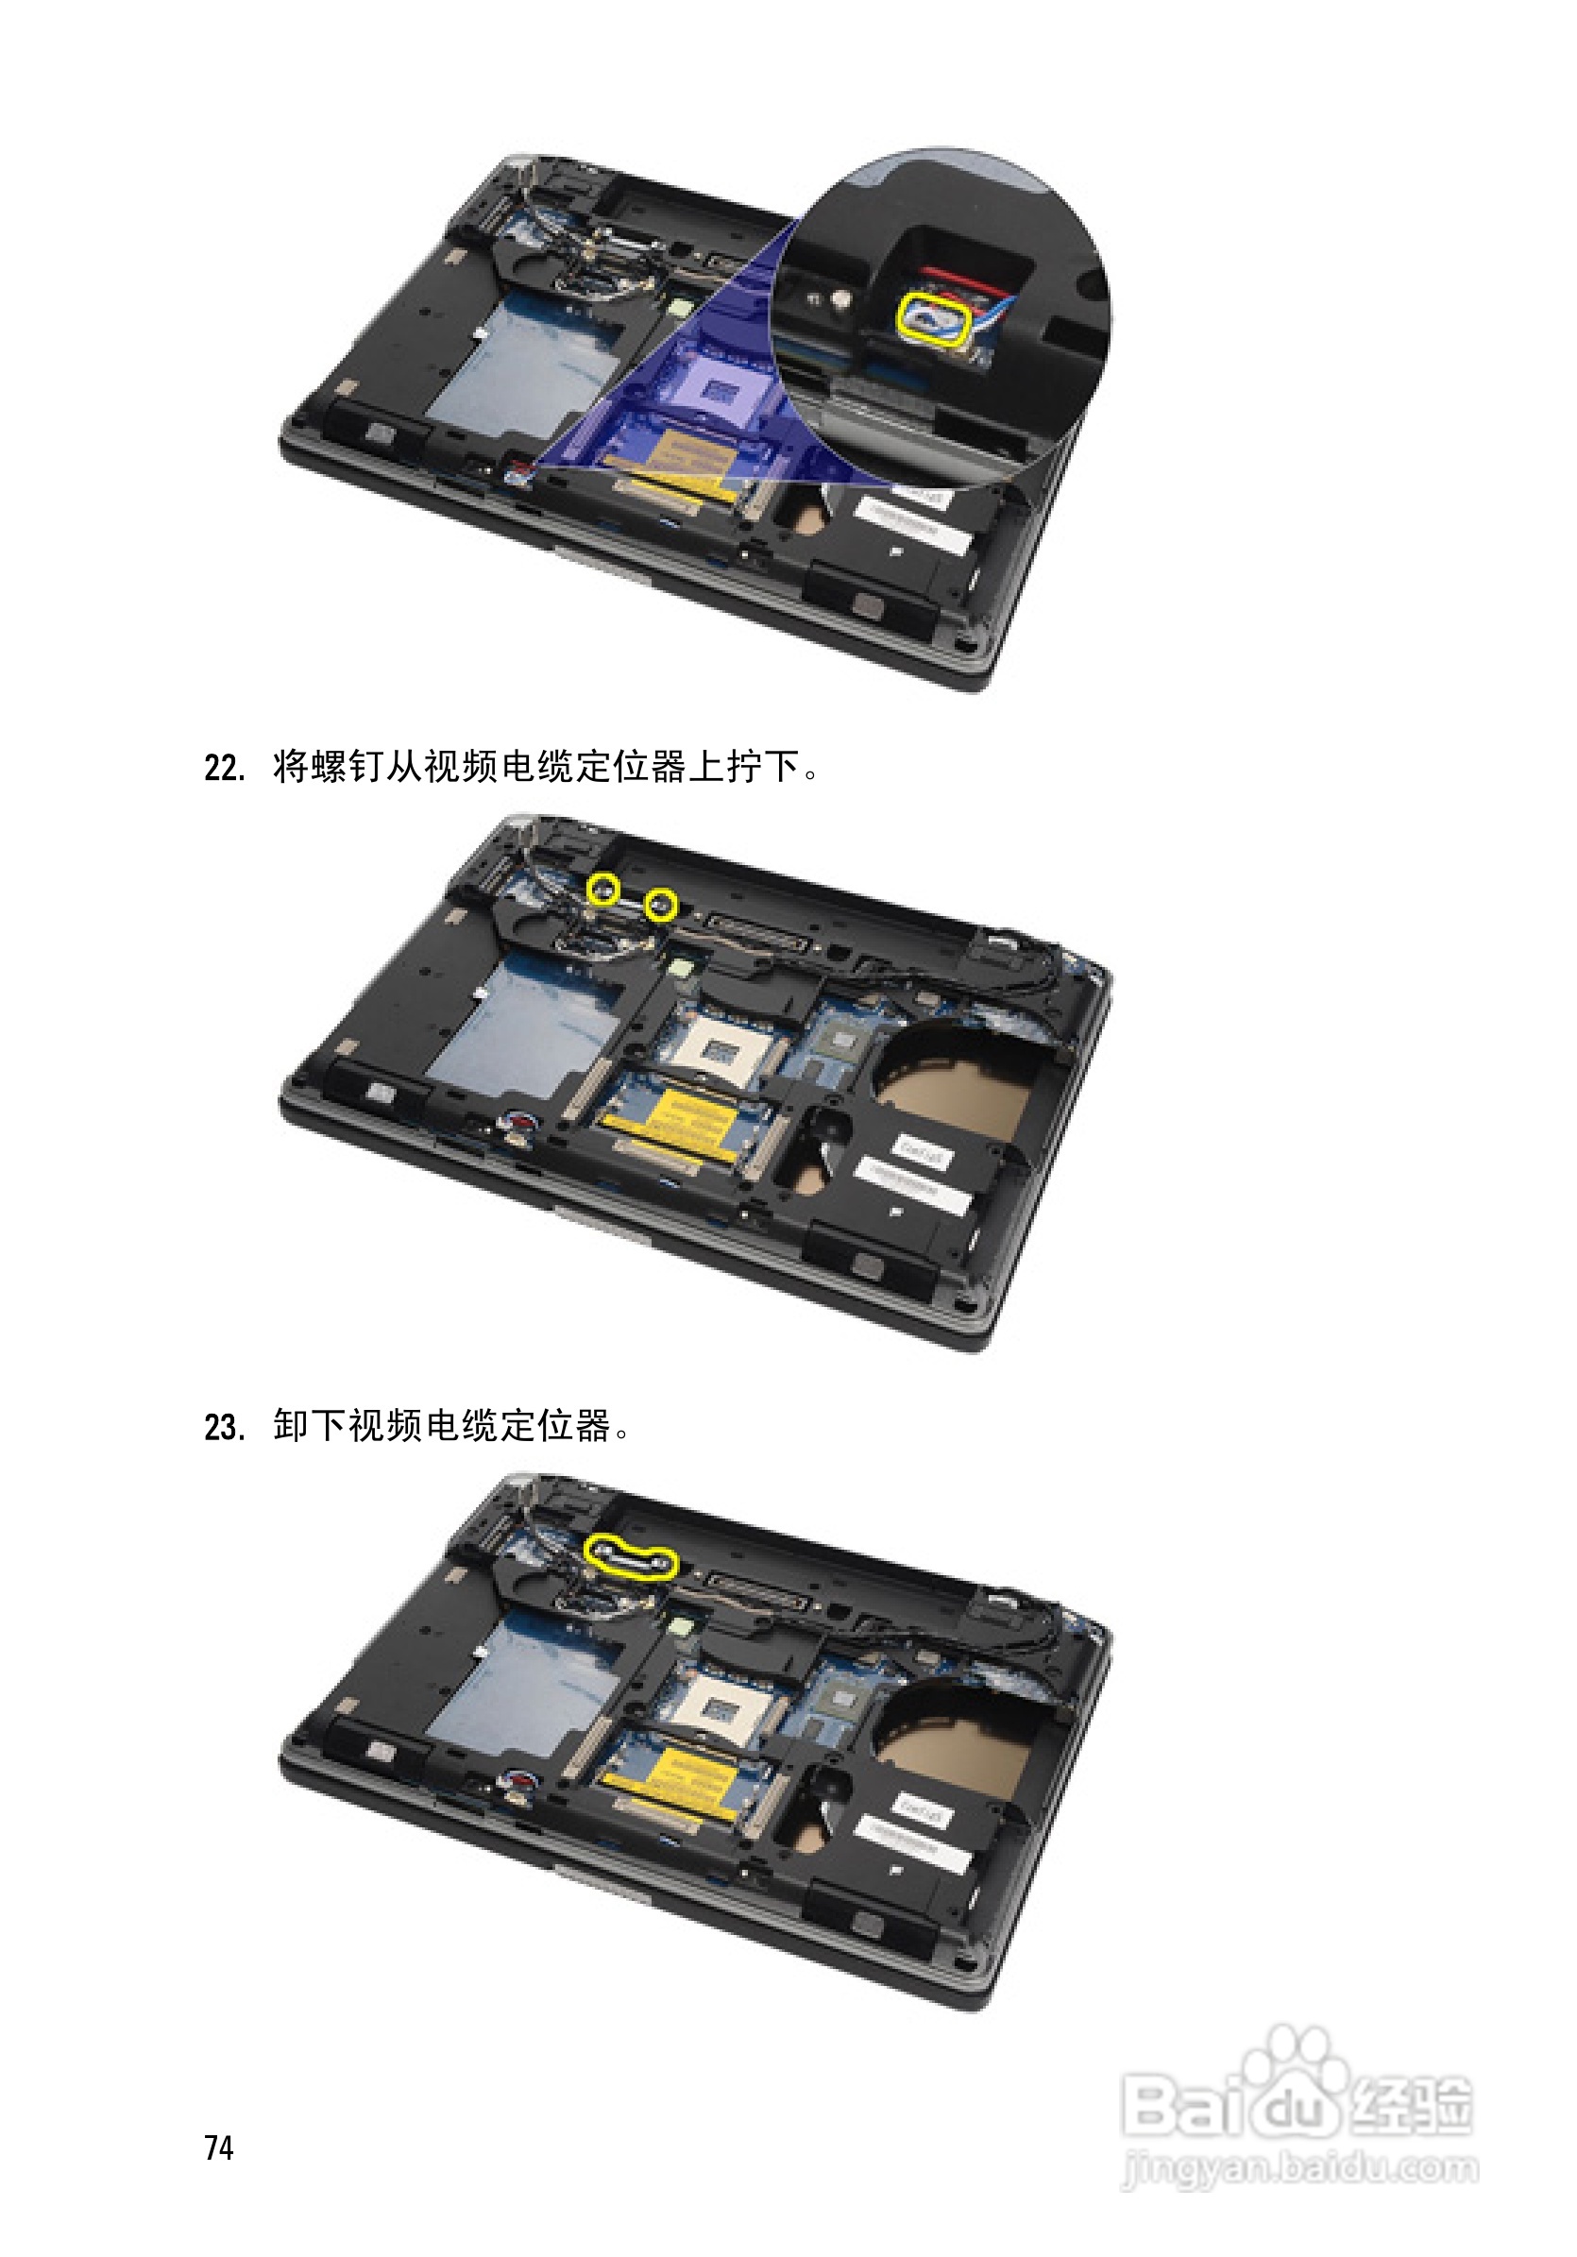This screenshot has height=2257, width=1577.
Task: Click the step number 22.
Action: coord(224,768)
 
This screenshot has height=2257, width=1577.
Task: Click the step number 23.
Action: coord(224,1427)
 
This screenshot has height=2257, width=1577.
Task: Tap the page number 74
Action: coord(219,2147)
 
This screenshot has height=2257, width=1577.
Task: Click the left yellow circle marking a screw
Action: coord(602,890)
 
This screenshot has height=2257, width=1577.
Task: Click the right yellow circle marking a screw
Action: coord(661,905)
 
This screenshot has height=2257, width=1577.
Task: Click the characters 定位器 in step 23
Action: coord(555,1425)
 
